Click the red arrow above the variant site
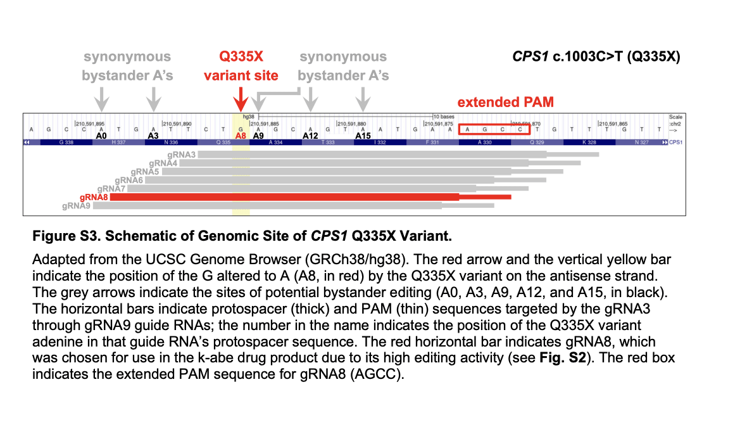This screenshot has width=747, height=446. pos(241,99)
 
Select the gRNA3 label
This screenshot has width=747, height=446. pos(182,155)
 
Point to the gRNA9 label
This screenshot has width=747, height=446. pos(77,206)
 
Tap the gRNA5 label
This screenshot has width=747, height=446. pos(145,172)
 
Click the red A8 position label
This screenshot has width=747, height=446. pos(241,136)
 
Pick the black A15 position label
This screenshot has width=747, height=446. pos(363,136)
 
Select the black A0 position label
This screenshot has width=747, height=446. pos(101,136)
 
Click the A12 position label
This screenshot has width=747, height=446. pos(310,136)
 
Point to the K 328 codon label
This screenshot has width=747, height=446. pos(589,143)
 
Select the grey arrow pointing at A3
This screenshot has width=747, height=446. pos(153,99)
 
